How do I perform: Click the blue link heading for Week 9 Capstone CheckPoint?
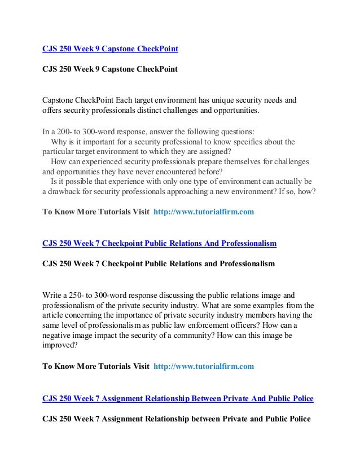pos(110,49)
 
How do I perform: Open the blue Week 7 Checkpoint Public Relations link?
pos(159,244)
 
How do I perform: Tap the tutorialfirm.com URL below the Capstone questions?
pos(204,212)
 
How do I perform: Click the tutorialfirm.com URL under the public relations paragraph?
pos(204,366)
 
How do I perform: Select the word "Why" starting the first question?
pos(59,141)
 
